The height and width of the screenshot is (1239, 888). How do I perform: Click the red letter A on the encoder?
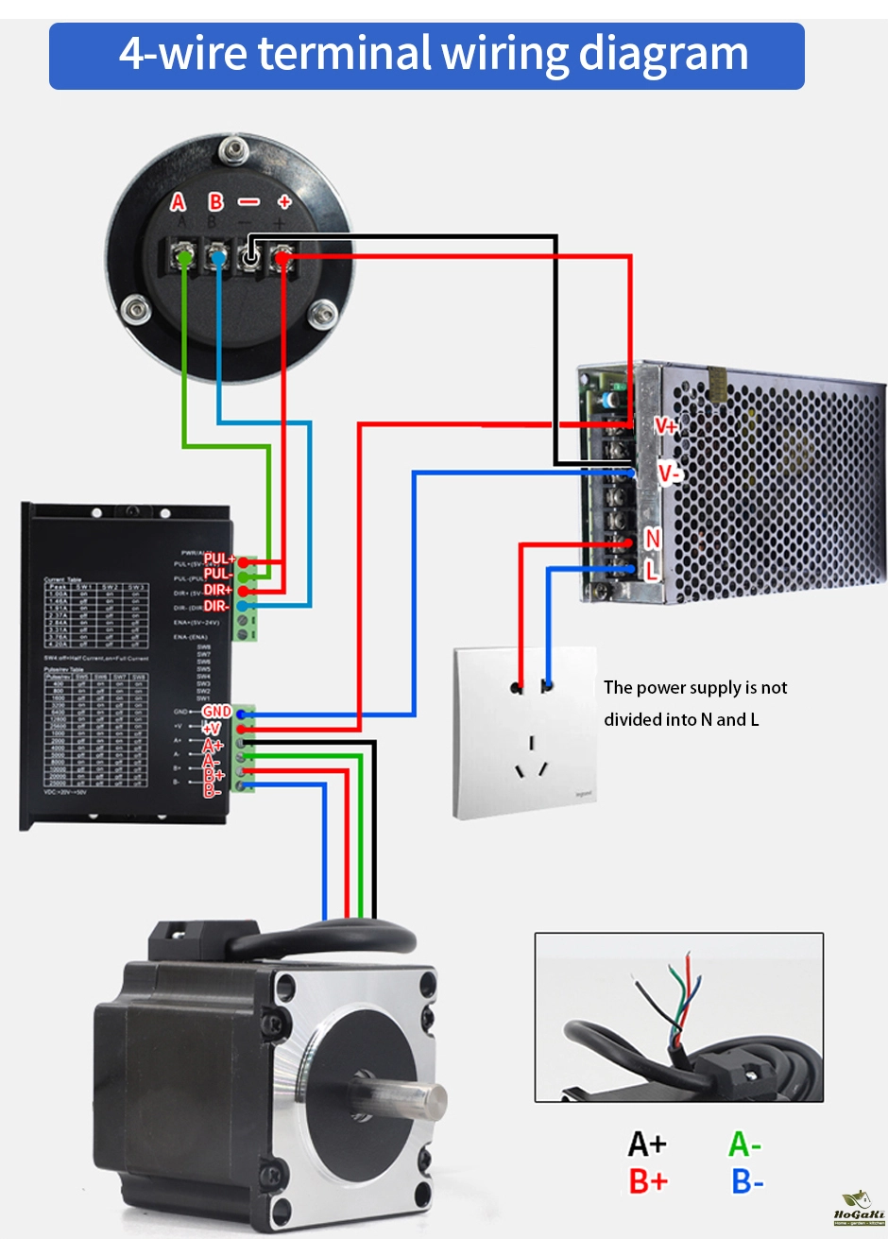pos(179,201)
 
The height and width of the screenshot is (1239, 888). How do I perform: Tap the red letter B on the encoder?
pos(216,201)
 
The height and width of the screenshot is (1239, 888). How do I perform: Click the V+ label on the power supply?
pos(666,426)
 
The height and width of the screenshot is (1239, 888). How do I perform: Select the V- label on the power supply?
pos(669,473)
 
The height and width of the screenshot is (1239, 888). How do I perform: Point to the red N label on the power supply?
pos(652,539)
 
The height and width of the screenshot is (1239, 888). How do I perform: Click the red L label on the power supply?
pos(651,570)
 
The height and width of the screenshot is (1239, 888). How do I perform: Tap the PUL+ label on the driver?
pos(219,559)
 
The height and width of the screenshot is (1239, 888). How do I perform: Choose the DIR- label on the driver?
pos(216,606)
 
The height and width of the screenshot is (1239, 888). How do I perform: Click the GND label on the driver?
pos(216,712)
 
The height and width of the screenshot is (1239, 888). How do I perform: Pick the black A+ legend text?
pos(647,1144)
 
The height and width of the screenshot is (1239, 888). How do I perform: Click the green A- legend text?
pos(744,1144)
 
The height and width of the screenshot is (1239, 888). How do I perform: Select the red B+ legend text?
pos(648,1181)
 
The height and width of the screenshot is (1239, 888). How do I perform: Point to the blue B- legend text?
pos(747,1181)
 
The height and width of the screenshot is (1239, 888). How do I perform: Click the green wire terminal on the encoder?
pos(185,256)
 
